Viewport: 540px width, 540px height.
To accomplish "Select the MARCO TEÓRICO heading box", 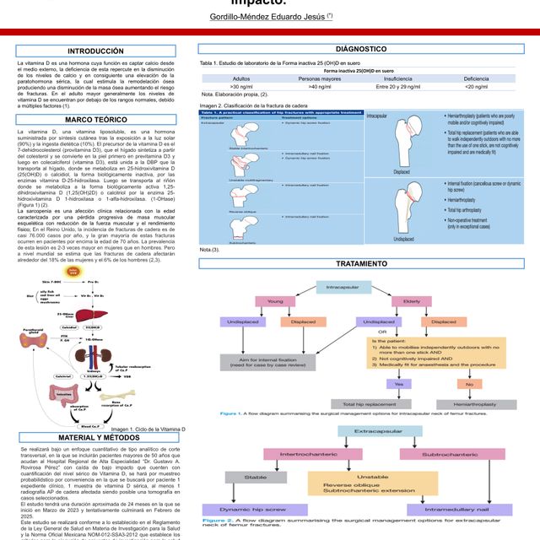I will click(95, 121).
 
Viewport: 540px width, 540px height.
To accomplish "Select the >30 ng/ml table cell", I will click(240, 86).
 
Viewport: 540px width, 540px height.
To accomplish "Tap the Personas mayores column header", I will click(319, 78).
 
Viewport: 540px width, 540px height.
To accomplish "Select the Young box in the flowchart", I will click(275, 301).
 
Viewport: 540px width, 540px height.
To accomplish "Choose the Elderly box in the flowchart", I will click(412, 301).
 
